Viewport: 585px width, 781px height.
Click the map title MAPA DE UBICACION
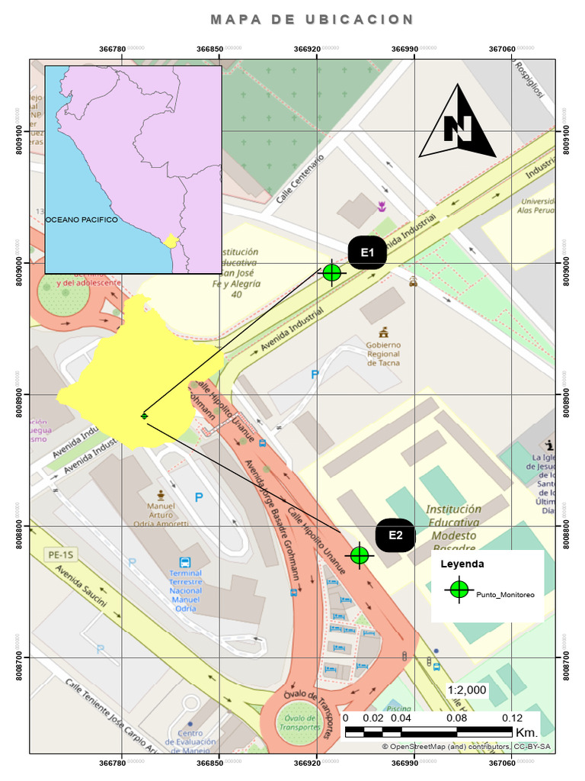[x=312, y=20]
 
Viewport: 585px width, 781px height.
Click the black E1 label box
[x=367, y=252]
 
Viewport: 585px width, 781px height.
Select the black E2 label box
[x=395, y=535]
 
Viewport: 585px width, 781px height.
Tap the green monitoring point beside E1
[x=331, y=272]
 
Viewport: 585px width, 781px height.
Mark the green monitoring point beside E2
[x=360, y=555]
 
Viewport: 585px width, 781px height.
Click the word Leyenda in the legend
[x=462, y=565]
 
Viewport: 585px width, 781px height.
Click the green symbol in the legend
[x=459, y=590]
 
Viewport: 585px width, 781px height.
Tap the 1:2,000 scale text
[x=467, y=689]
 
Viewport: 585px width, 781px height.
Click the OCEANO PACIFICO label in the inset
[x=82, y=220]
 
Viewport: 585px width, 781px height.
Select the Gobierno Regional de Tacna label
[x=384, y=353]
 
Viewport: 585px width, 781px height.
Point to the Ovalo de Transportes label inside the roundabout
[x=300, y=723]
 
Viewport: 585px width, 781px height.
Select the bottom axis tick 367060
[x=503, y=763]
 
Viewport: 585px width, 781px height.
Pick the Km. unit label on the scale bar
[x=526, y=733]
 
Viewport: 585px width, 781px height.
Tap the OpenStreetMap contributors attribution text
[x=466, y=747]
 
